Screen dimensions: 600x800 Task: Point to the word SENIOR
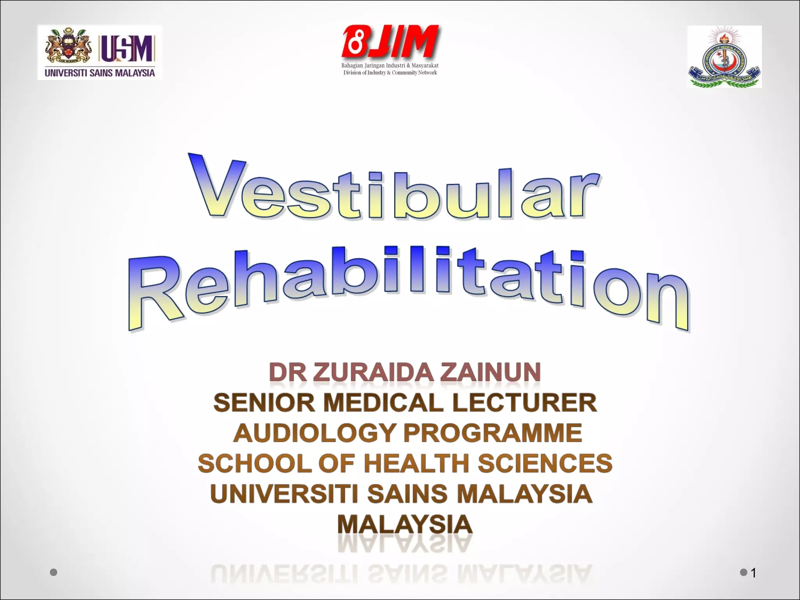[264, 402]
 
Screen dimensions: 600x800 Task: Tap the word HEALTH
[416, 463]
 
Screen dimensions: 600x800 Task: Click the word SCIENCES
[545, 463]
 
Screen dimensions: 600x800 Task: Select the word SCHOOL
[254, 463]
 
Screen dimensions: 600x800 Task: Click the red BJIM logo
[390, 41]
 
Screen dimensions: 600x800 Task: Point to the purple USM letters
[127, 48]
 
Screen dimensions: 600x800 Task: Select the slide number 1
[754, 573]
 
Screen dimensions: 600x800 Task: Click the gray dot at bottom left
[54, 572]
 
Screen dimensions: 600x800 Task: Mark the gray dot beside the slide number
[743, 572]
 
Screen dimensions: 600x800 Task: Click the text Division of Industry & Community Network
[390, 73]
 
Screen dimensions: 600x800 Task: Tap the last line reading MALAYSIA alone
[405, 524]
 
